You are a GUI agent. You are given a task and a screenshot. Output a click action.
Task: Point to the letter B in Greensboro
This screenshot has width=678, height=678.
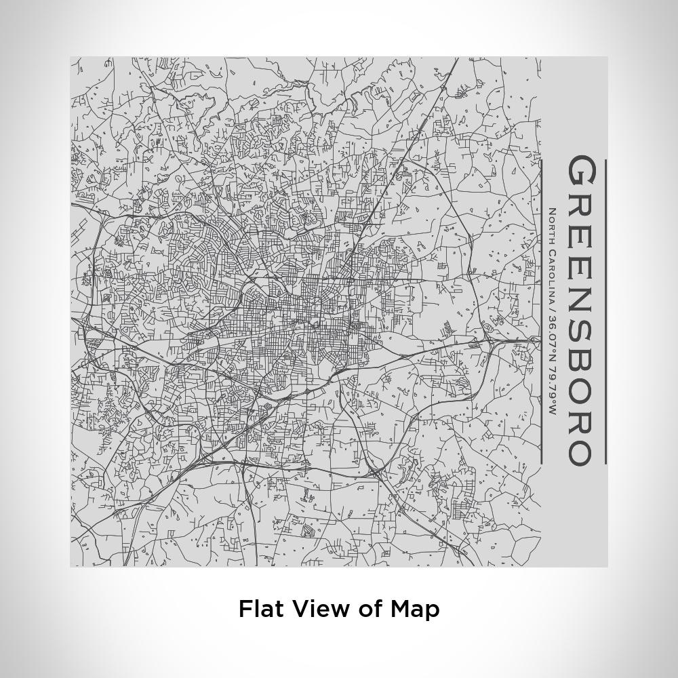[x=581, y=357]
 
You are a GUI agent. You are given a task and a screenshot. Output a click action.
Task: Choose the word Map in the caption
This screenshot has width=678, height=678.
[x=415, y=610]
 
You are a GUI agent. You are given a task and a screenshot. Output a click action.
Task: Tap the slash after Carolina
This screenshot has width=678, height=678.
[x=552, y=311]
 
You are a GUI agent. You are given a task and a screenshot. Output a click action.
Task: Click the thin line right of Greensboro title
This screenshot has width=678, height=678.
[x=605, y=312]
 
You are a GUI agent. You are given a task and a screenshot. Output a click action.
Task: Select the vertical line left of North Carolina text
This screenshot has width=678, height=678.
[x=541, y=312]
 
